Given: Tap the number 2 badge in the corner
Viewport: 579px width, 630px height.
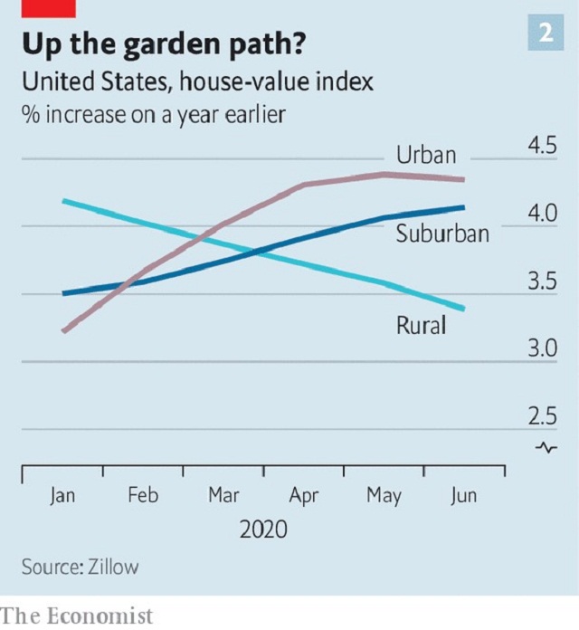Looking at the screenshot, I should (546, 33).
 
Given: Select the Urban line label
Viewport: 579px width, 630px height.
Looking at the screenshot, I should (426, 155).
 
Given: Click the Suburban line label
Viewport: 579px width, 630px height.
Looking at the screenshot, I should (442, 234).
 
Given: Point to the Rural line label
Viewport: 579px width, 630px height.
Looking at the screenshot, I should (421, 325).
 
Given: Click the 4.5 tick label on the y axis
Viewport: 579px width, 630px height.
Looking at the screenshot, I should (542, 148).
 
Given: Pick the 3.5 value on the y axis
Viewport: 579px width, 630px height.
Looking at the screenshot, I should (542, 282).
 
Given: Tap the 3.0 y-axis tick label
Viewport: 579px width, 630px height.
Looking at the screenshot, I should (542, 349).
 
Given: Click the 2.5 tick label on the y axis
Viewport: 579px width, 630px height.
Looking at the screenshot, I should (542, 417).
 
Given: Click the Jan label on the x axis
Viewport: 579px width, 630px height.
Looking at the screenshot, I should (62, 496).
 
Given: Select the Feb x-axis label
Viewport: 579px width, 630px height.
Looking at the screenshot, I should (143, 496).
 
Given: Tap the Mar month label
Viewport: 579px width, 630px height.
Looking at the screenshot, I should (223, 496).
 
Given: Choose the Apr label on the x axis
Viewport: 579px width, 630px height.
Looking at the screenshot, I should (304, 496).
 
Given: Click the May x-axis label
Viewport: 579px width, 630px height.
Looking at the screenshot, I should (384, 496).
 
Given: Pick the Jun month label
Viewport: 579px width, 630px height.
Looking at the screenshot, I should (463, 496).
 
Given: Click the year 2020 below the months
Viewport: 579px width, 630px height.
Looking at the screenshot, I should (263, 530).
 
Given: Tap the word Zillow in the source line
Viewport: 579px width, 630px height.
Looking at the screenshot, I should (114, 568).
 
